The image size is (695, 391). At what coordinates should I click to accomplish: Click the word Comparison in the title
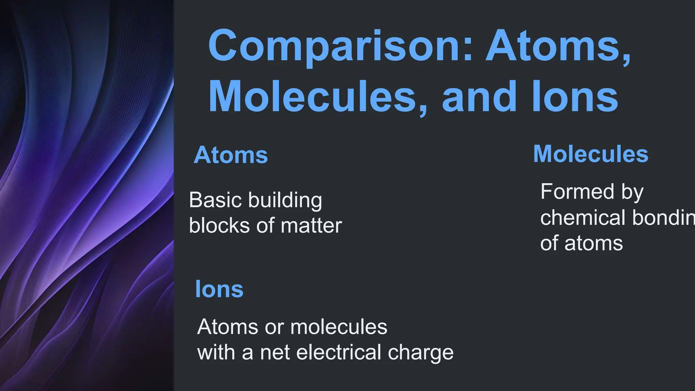coord(334,46)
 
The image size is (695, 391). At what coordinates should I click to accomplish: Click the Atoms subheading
coord(231,155)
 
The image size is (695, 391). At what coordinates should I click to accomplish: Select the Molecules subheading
coord(590,154)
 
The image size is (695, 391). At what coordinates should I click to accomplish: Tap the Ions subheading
coord(219,290)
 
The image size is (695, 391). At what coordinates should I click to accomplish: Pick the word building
coord(285,201)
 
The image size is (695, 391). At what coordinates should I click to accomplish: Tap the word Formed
coord(577,191)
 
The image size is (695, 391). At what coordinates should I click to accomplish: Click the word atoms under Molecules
coord(594,244)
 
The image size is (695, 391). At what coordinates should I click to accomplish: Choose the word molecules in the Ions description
coord(339,327)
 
